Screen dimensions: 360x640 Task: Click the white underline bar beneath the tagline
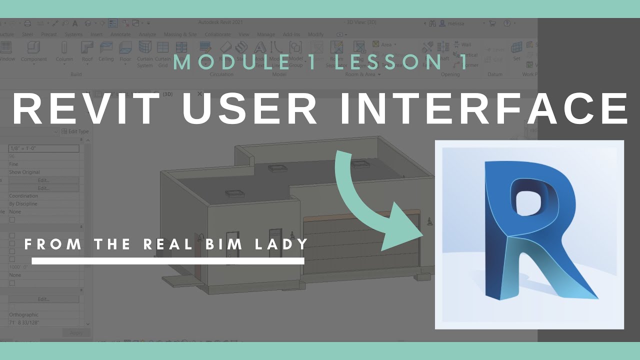168,260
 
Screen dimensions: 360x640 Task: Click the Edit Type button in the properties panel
75,131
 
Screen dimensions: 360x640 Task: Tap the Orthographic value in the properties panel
23,315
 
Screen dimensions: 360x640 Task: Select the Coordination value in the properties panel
23,196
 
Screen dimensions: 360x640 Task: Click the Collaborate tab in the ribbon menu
217,34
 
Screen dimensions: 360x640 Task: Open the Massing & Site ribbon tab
180,34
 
